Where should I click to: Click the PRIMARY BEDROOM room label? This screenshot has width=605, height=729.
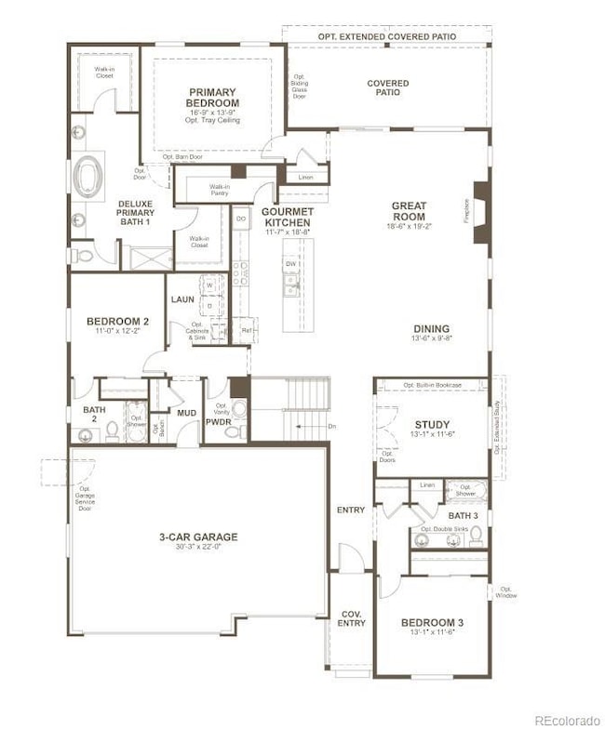(x=213, y=98)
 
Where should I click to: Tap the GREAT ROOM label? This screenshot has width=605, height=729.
(x=409, y=211)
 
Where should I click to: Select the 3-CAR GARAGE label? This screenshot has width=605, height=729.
(x=197, y=537)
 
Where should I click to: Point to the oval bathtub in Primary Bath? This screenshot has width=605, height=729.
(x=89, y=174)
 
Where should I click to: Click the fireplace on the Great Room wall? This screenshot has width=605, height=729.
(x=480, y=212)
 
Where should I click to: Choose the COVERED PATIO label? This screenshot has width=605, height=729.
(x=387, y=87)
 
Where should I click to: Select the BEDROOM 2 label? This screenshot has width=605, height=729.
(x=118, y=321)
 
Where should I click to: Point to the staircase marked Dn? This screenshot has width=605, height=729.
(x=302, y=409)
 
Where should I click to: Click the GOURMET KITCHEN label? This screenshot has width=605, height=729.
(x=279, y=217)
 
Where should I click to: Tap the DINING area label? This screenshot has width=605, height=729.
(x=432, y=328)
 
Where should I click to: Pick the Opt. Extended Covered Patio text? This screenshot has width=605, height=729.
(x=388, y=36)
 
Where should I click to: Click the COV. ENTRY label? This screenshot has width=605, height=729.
(x=351, y=618)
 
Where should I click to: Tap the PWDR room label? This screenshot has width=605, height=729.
(x=220, y=422)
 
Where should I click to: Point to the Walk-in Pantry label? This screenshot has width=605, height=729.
(x=206, y=189)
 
